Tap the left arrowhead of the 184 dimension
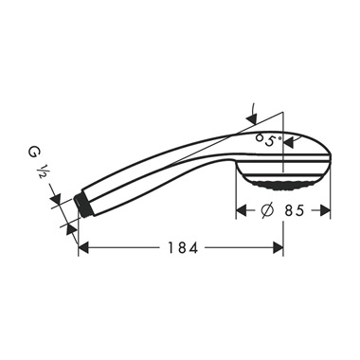(x=83, y=248)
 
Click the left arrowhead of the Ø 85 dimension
(x=241, y=211)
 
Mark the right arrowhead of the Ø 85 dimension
(x=326, y=211)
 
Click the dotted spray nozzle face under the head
(x=284, y=179)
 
